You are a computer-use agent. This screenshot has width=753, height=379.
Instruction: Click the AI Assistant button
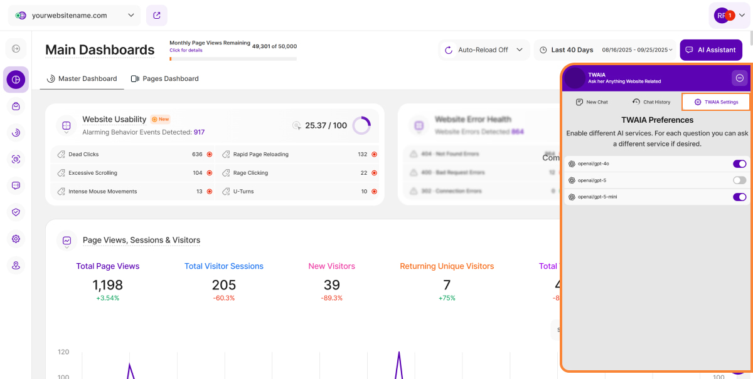[711, 50]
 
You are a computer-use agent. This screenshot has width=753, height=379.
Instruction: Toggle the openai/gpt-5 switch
[739, 180]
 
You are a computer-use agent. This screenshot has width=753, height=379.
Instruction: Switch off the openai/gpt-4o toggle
[739, 164]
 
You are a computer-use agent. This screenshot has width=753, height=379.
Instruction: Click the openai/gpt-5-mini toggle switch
[739, 197]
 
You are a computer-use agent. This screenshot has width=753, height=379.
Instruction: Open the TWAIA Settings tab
[716, 102]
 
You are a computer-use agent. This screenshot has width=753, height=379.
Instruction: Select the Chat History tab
[651, 102]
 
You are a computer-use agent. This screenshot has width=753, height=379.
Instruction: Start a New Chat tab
[592, 102]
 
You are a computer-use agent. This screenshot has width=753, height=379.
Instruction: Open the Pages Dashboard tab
[164, 79]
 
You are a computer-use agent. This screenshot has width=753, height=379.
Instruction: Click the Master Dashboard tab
[82, 79]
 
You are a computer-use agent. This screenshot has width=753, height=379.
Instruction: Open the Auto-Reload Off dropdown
[484, 50]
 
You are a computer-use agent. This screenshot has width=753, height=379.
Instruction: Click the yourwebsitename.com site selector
[75, 15]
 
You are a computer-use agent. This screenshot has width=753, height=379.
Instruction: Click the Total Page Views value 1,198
[108, 285]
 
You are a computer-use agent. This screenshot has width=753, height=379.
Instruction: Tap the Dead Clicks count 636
[197, 154]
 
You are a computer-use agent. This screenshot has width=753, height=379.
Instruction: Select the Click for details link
[186, 50]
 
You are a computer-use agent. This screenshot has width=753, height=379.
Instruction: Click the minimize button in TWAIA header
[739, 78]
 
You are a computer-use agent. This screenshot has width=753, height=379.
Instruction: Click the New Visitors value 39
[331, 285]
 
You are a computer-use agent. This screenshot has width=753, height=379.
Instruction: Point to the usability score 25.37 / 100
[326, 125]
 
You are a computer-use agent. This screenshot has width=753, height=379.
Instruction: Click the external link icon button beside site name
[156, 15]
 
